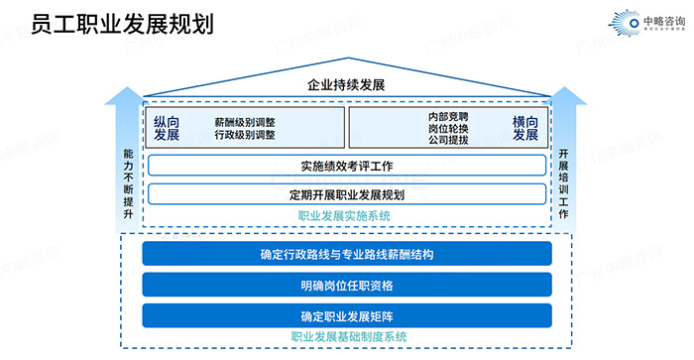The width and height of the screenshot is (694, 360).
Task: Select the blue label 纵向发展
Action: coord(166,128)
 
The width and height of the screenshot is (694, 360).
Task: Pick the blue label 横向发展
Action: coord(524,128)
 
